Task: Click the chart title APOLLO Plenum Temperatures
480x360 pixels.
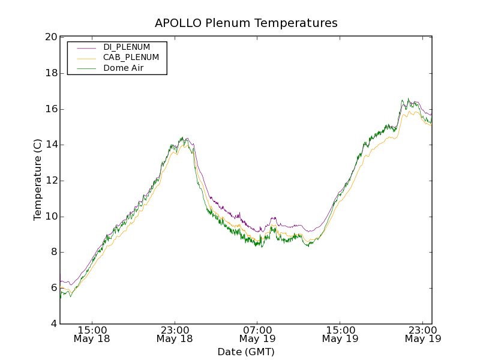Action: pyautogui.click(x=246, y=23)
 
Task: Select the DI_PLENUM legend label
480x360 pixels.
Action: pyautogui.click(x=127, y=47)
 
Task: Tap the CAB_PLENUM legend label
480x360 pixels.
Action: pyautogui.click(x=131, y=58)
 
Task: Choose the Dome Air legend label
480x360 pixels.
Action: pyautogui.click(x=123, y=68)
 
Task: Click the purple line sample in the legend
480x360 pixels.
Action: pyautogui.click(x=86, y=47)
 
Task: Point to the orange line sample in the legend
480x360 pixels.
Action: pyautogui.click(x=86, y=58)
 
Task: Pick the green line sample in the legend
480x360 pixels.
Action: pyautogui.click(x=86, y=68)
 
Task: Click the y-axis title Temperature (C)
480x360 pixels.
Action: pyautogui.click(x=38, y=180)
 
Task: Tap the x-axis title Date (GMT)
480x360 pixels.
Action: pyautogui.click(x=246, y=352)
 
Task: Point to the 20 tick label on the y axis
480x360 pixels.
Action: pyautogui.click(x=51, y=37)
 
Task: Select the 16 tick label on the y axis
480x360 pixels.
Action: pyautogui.click(x=51, y=109)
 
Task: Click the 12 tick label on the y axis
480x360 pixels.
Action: pyautogui.click(x=51, y=181)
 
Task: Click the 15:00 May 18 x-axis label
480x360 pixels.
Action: pyautogui.click(x=92, y=334)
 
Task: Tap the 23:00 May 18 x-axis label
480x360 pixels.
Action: pyautogui.click(x=175, y=334)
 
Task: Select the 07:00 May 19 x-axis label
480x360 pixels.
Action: pyautogui.click(x=257, y=334)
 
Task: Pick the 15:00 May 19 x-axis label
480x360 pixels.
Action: pyautogui.click(x=340, y=334)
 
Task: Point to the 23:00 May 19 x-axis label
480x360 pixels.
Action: pyautogui.click(x=422, y=334)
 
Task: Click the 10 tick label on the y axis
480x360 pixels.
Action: pyautogui.click(x=51, y=217)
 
